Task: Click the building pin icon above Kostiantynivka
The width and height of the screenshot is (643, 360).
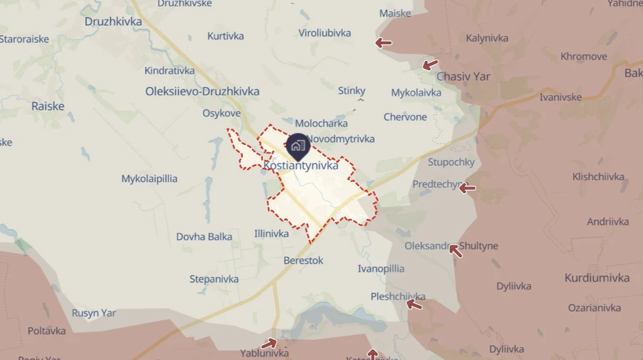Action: pyautogui.click(x=297, y=146)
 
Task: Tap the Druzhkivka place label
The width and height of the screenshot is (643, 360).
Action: pyautogui.click(x=113, y=21)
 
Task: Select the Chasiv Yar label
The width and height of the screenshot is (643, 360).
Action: pyautogui.click(x=463, y=76)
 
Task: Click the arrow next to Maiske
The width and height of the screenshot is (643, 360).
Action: pyautogui.click(x=384, y=43)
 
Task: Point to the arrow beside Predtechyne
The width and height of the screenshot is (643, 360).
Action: pyautogui.click(x=467, y=189)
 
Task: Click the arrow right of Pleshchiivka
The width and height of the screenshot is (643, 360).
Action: pyautogui.click(x=414, y=305)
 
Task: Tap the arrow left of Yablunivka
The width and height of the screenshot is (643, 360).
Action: pyautogui.click(x=269, y=344)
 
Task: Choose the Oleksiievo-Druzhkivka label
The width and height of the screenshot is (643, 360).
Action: pyautogui.click(x=201, y=91)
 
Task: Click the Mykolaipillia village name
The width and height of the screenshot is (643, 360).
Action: pyautogui.click(x=149, y=179)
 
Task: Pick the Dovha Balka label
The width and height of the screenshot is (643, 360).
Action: pyautogui.click(x=204, y=236)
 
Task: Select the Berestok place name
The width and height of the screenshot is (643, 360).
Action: pyautogui.click(x=303, y=261)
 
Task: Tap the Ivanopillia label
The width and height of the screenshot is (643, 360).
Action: pyautogui.click(x=381, y=269)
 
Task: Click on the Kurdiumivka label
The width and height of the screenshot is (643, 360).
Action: pyautogui.click(x=597, y=278)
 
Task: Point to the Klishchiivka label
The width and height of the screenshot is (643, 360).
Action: pyautogui.click(x=598, y=176)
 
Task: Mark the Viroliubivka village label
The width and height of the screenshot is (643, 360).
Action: pyautogui.click(x=324, y=33)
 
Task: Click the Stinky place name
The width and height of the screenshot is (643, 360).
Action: pyautogui.click(x=352, y=91)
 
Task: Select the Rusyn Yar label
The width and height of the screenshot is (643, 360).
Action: pyautogui.click(x=94, y=313)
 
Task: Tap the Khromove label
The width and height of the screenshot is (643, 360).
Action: pyautogui.click(x=584, y=56)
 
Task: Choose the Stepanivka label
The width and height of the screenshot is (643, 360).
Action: pyautogui.click(x=214, y=279)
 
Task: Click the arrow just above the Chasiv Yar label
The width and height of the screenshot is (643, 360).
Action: pyautogui.click(x=429, y=65)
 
